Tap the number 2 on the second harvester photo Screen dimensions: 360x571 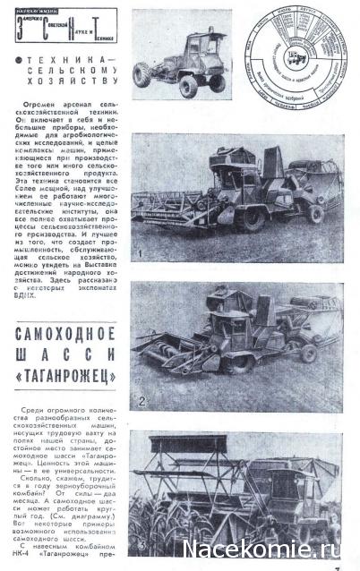[x=142, y=401]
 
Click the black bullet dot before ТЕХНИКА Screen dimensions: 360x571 [x=21, y=58]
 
